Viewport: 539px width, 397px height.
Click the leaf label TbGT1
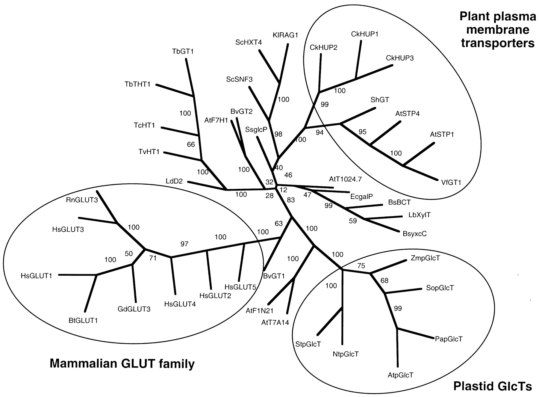183,52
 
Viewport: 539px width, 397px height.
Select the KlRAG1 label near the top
285,35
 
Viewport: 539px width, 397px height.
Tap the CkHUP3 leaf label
400,58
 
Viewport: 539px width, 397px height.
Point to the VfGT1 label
451,182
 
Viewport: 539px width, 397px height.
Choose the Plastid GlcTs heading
493,387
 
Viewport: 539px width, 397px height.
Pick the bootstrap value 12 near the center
283,190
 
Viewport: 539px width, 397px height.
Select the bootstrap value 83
291,200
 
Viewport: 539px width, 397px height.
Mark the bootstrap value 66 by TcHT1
191,145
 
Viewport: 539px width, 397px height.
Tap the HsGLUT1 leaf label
37,276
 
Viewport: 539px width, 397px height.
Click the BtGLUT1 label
83,321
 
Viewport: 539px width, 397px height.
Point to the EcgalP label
361,197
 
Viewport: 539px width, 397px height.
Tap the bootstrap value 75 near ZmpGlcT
361,265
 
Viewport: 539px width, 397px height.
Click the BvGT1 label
274,276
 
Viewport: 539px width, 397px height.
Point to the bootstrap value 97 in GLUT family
184,244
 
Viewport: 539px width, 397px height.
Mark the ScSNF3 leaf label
239,79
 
